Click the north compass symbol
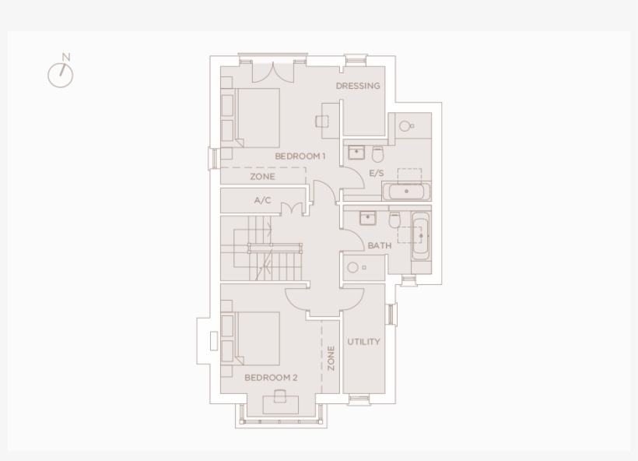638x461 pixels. (x=61, y=73)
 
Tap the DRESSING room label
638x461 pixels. (x=358, y=86)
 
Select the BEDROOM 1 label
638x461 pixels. (x=300, y=157)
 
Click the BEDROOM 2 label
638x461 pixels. (x=271, y=378)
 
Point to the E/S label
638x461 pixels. (x=377, y=173)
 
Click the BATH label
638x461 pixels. (x=380, y=245)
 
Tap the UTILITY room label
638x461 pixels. (x=363, y=342)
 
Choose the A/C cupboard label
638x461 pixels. (x=263, y=201)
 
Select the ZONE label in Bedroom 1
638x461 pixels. (x=262, y=177)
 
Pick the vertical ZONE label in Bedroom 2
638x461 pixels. (x=331, y=357)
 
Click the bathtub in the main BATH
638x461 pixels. (x=420, y=235)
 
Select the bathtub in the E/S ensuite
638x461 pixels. (x=405, y=192)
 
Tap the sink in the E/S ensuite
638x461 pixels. (x=356, y=152)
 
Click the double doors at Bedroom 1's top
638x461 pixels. (x=273, y=70)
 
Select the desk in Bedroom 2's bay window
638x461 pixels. (x=280, y=404)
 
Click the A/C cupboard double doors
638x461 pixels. (x=292, y=209)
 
